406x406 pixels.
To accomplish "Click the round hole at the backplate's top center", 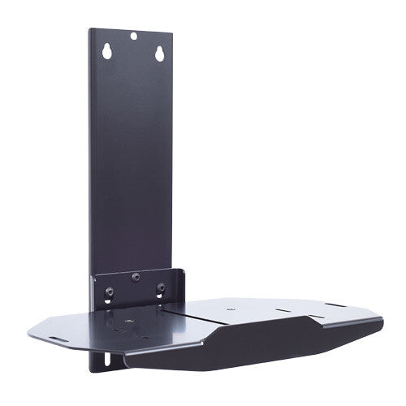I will (x=133, y=35).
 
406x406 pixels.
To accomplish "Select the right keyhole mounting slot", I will (x=159, y=54).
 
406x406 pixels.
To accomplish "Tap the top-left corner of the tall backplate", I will (x=90, y=28).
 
